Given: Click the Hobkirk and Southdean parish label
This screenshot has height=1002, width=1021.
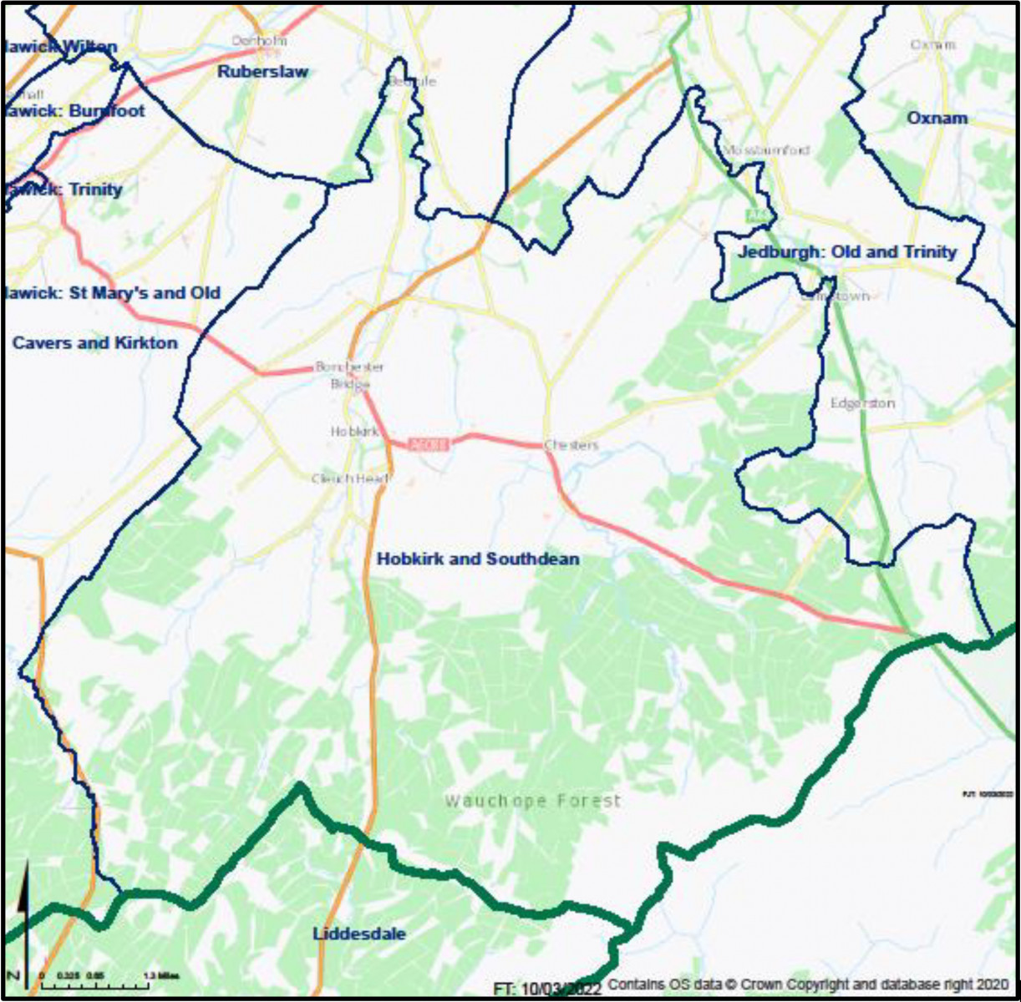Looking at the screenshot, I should (x=478, y=559).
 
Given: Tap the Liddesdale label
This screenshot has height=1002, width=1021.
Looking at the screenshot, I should (x=359, y=934).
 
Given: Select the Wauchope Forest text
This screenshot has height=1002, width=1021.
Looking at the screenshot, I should (x=532, y=802).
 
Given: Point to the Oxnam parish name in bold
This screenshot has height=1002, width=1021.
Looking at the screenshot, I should (x=937, y=119).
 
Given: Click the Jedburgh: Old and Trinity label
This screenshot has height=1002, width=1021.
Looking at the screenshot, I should (x=847, y=252).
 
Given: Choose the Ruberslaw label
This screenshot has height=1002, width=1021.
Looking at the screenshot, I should (x=262, y=72).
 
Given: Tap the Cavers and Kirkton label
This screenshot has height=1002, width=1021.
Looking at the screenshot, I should (x=94, y=343).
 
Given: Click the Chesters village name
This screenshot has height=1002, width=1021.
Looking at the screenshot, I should (x=571, y=445).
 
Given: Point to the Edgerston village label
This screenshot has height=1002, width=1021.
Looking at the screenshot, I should (x=862, y=403).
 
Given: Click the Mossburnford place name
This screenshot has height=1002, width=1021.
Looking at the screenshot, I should (x=766, y=150).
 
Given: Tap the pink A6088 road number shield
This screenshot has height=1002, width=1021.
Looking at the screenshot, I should (x=429, y=445).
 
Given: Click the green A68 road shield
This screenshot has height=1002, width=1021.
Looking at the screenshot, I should (x=756, y=215).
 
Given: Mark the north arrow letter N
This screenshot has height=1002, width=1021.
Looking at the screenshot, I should (x=13, y=975).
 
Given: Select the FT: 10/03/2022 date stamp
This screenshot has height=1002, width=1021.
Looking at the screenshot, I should (x=546, y=989).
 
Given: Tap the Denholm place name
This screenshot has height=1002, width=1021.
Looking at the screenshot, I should (x=260, y=40).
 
